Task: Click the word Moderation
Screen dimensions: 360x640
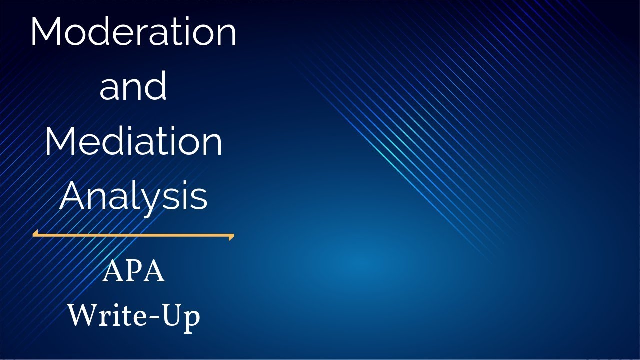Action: pyautogui.click(x=133, y=32)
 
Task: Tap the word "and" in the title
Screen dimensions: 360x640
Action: pyautogui.click(x=133, y=86)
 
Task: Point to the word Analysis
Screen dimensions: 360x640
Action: pyautogui.click(x=133, y=196)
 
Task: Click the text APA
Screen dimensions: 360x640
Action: pyautogui.click(x=133, y=272)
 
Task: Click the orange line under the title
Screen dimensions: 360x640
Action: pyautogui.click(x=133, y=234)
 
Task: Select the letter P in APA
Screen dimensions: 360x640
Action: pyautogui.click(x=133, y=272)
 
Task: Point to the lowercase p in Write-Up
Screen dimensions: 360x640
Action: pyautogui.click(x=191, y=320)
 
